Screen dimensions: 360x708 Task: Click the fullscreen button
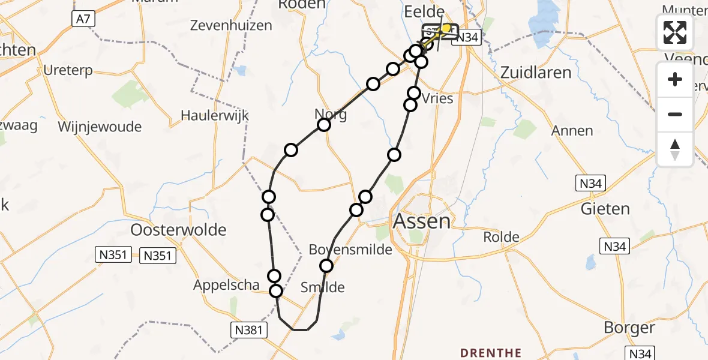tap(675, 32)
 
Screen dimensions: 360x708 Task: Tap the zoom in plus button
tap(675, 79)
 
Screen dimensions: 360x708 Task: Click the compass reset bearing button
tap(675, 149)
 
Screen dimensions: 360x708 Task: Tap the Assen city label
tap(421, 221)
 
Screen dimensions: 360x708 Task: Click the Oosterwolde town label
tap(179, 230)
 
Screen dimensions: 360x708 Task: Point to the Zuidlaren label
tap(535, 73)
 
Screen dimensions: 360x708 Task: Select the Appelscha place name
tap(226, 286)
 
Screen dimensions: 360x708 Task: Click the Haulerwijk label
tap(215, 115)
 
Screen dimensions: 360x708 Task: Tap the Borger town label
tap(630, 328)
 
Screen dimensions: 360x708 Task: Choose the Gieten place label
tap(605, 209)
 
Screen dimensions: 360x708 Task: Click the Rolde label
tap(502, 237)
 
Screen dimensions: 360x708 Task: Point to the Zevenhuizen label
tap(231, 25)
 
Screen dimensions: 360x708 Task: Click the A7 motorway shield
tap(83, 19)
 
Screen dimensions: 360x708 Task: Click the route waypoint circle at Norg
tap(324, 125)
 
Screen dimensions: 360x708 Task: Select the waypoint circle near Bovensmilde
tap(326, 265)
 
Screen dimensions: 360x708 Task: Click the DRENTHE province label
tap(490, 352)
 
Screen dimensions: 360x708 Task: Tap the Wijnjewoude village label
tap(100, 127)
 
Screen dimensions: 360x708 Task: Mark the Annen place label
tap(572, 131)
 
